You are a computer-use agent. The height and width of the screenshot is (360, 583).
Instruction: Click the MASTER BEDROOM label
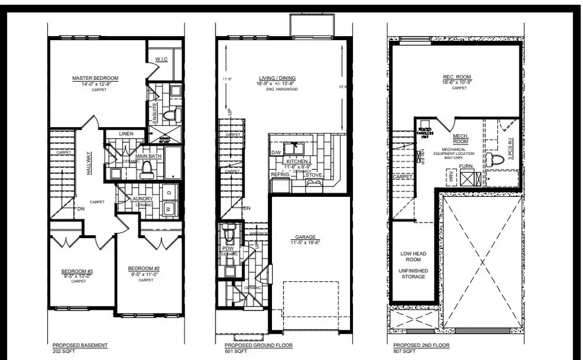95,78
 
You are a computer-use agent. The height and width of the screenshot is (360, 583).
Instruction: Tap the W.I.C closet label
160,59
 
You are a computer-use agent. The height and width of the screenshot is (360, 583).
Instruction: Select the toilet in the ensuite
169,114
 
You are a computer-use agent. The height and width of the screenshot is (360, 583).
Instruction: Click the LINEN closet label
125,133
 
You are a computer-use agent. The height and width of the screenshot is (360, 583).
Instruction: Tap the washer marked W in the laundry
168,209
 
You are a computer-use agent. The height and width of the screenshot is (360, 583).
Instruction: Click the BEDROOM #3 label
77,271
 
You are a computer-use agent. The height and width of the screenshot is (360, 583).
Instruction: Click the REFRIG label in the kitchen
280,175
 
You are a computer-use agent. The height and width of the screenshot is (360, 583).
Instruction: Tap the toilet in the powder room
229,231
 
